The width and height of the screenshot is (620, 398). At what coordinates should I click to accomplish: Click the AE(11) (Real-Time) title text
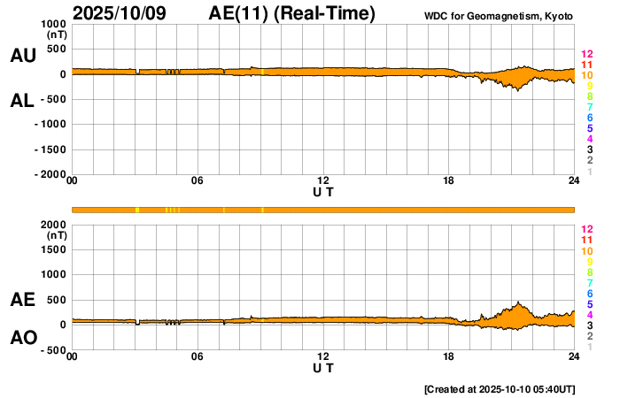[x=291, y=14]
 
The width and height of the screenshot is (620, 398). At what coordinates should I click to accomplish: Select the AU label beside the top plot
[x=22, y=56]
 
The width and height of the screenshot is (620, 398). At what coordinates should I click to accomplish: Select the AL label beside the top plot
[x=22, y=101]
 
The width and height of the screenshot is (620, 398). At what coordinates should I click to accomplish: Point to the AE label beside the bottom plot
[x=22, y=300]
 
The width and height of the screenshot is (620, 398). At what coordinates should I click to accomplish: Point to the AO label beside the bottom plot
[x=22, y=338]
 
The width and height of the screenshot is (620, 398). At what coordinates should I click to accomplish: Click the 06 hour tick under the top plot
[x=198, y=181]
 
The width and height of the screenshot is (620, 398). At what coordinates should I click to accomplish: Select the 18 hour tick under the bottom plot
[x=448, y=356]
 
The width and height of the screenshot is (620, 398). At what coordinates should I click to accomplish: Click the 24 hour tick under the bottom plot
[x=574, y=356]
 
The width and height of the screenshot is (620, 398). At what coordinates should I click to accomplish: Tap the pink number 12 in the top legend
[x=586, y=55]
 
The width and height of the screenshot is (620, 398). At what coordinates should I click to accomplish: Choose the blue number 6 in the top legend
[x=589, y=118]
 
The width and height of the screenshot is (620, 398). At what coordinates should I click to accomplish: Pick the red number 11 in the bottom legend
[x=586, y=240]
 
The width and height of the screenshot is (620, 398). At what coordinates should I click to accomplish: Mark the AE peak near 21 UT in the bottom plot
[x=518, y=302]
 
